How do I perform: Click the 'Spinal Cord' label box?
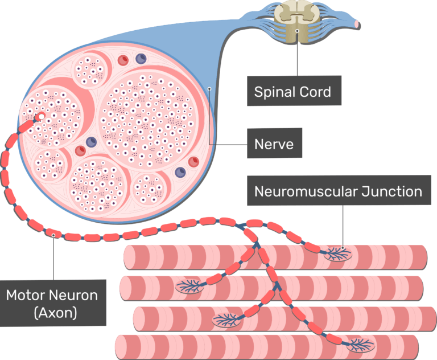coord(293,92)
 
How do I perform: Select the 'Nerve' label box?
coord(275,144)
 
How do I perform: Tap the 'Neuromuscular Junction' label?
coord(339,191)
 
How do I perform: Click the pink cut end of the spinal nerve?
coord(357,24)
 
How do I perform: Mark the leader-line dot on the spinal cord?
coord(297,30)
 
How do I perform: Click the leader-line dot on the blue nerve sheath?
coord(210,88)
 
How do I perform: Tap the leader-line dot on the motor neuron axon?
coord(53,234)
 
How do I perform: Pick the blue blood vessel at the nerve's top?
coord(140,58)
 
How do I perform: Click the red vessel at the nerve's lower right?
coord(193,162)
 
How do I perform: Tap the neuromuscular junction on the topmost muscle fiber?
coord(338,252)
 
